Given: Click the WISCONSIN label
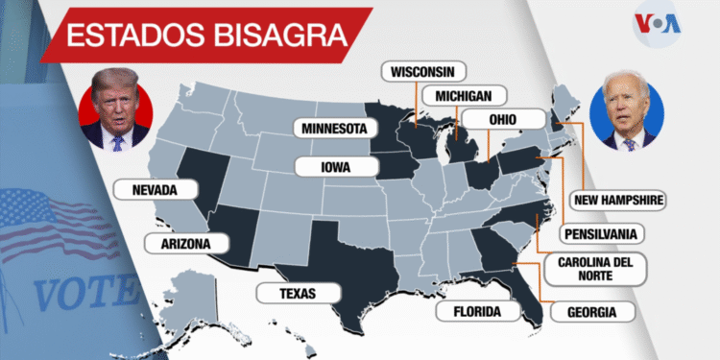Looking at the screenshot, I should (x=423, y=72).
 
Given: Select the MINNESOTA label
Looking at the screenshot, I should (x=335, y=128).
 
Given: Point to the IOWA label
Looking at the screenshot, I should (x=334, y=166).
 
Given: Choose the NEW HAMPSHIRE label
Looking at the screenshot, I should (x=618, y=200).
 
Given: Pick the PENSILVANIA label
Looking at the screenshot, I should (x=603, y=233).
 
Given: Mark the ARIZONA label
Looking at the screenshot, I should (x=180, y=244).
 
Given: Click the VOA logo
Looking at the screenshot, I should (x=658, y=24).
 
